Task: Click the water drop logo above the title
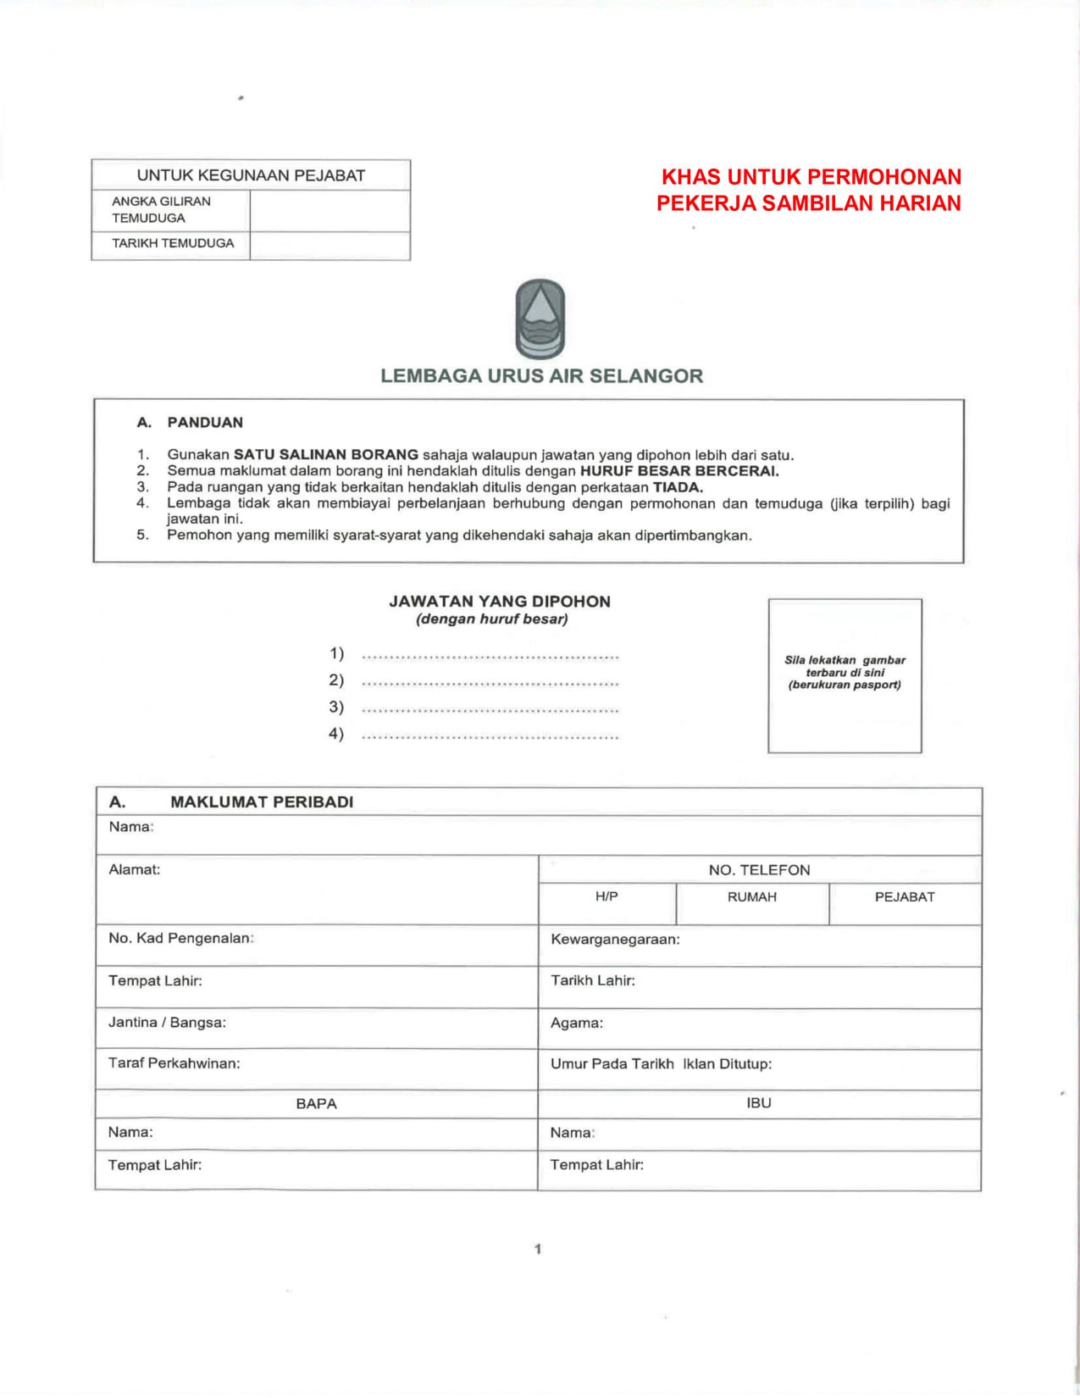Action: (x=540, y=319)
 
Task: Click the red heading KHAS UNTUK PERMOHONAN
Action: (x=811, y=177)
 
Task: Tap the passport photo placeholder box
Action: (x=845, y=675)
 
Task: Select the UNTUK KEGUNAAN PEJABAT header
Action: (x=251, y=175)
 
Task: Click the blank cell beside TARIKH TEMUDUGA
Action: (x=330, y=245)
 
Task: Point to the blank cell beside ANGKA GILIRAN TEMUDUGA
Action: (x=330, y=210)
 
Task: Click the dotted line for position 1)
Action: (x=490, y=656)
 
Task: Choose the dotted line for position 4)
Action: (x=490, y=736)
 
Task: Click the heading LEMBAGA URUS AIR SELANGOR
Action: (x=541, y=376)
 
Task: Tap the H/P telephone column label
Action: (x=606, y=896)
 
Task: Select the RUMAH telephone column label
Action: (x=752, y=896)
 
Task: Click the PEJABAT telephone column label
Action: (x=905, y=896)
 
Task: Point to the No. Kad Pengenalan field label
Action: (x=181, y=938)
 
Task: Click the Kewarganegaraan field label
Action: (x=615, y=939)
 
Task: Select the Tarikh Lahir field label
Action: (x=593, y=980)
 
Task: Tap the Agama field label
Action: (x=577, y=1023)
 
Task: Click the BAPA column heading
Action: (x=316, y=1103)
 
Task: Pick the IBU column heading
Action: (x=759, y=1103)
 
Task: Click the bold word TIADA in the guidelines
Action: (x=678, y=487)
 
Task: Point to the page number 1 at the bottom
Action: (x=538, y=1249)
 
